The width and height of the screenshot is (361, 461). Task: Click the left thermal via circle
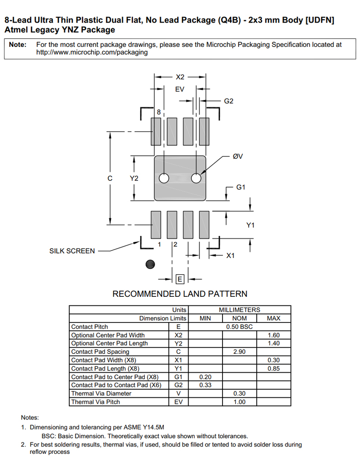[x=164, y=178]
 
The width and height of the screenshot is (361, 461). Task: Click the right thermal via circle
[x=196, y=178]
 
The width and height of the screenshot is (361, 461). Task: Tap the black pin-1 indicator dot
[x=151, y=264]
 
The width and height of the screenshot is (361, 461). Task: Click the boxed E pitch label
[x=180, y=279]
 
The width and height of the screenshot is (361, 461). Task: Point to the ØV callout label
[x=237, y=156]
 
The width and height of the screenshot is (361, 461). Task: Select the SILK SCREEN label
[x=72, y=251]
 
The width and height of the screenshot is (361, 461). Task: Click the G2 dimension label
[x=229, y=101]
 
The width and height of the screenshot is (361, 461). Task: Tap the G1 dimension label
[x=241, y=187]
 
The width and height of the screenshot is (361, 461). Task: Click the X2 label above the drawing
[x=180, y=77]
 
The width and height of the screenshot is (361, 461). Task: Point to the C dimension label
[x=110, y=178]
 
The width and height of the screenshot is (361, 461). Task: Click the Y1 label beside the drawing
[x=250, y=225]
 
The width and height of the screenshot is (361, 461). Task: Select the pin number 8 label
[x=158, y=111]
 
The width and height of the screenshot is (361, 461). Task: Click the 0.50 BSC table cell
[x=239, y=327]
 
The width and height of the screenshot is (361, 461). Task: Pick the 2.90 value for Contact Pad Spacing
[x=239, y=351]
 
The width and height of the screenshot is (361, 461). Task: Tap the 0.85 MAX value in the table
[x=273, y=368]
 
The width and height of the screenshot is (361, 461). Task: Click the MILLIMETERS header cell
[x=239, y=310]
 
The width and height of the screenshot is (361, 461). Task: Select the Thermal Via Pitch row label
[x=96, y=401]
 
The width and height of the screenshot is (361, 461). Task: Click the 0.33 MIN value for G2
[x=205, y=385]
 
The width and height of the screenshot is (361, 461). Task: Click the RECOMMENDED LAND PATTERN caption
[x=180, y=294]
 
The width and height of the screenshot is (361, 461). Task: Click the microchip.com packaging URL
[x=92, y=52]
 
